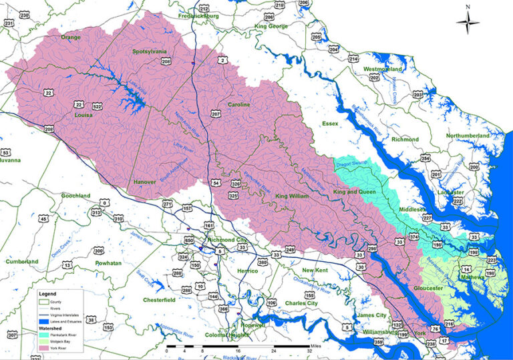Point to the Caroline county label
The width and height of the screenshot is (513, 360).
pyautogui.click(x=238, y=105)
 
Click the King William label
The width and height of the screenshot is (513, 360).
pyautogui.click(x=292, y=196)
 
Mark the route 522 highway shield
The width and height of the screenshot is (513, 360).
pyautogui.click(x=98, y=106)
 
